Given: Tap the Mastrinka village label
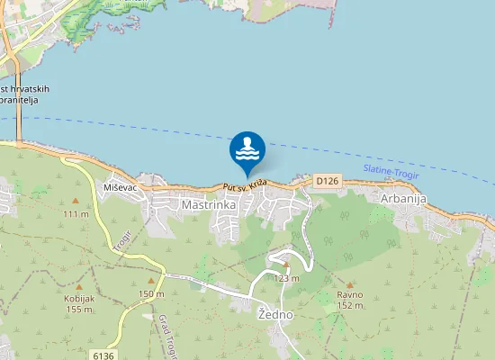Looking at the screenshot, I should pyautogui.click(x=209, y=205).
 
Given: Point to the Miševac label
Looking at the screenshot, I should pyautogui.click(x=120, y=185).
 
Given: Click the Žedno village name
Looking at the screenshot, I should pyautogui.click(x=274, y=315).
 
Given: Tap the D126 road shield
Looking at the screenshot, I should pyautogui.click(x=328, y=181).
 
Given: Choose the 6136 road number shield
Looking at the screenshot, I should pyautogui.click(x=104, y=355).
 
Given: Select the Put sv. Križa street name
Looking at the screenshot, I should pyautogui.click(x=248, y=185).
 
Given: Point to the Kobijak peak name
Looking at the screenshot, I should pyautogui.click(x=78, y=299).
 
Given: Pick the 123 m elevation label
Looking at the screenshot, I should pyautogui.click(x=286, y=278).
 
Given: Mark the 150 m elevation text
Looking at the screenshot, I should pyautogui.click(x=151, y=294).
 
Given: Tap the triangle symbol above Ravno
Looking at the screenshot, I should pyautogui.click(x=349, y=283).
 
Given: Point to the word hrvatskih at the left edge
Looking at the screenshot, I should pyautogui.click(x=24, y=89).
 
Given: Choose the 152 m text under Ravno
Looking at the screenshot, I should pyautogui.click(x=349, y=306).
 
